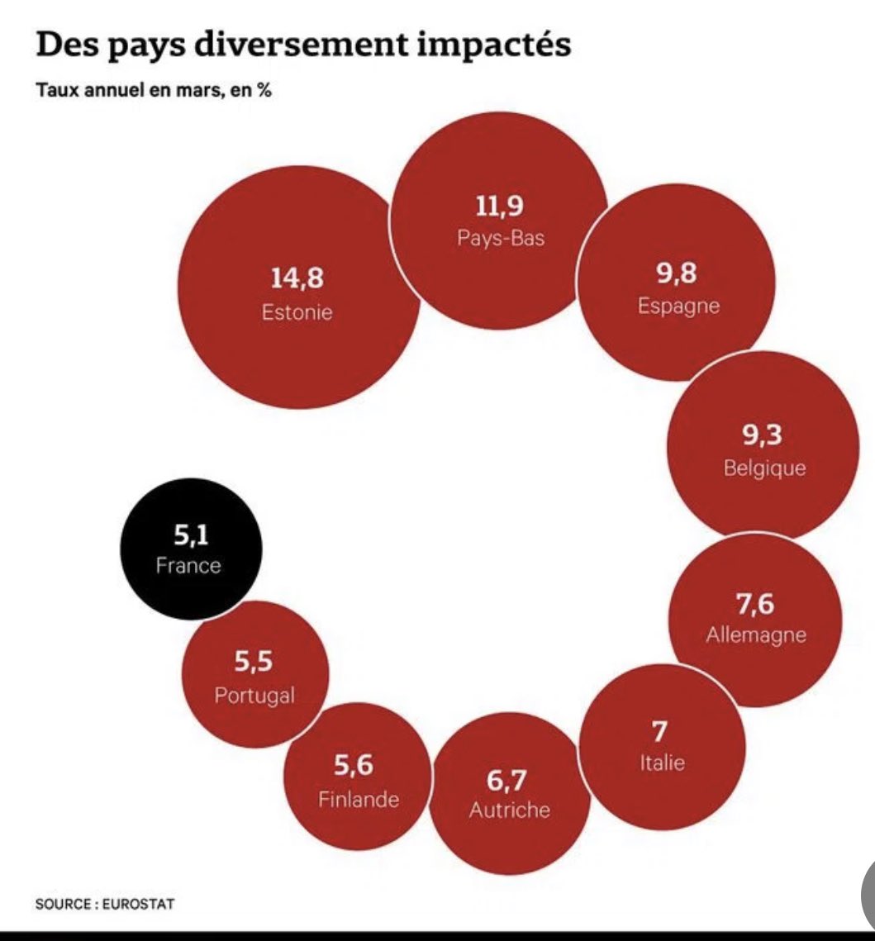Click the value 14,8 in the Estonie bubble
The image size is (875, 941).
297,278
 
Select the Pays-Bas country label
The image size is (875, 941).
500,238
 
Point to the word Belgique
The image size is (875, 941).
764,468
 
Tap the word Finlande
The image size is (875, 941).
359,800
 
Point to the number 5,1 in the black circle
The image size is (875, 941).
190,536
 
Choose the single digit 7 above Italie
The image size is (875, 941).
659,732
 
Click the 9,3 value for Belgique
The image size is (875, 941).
763,435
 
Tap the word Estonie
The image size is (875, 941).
297,313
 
